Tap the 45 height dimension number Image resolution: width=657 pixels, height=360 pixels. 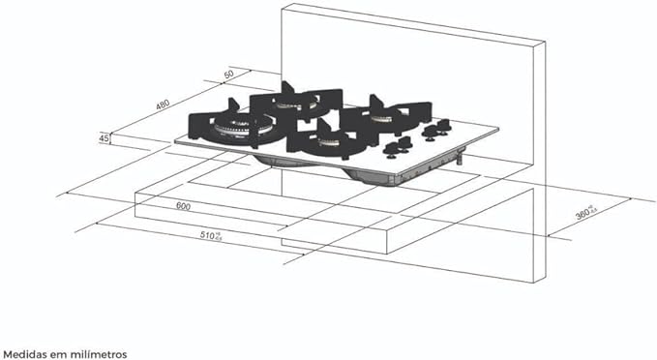click(x=103, y=138)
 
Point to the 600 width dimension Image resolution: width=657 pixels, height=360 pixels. click(x=183, y=206)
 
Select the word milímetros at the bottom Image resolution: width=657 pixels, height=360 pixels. click(x=100, y=354)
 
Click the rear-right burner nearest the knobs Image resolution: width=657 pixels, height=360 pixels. click(x=384, y=116)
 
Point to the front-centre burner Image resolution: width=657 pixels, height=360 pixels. click(x=324, y=144)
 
